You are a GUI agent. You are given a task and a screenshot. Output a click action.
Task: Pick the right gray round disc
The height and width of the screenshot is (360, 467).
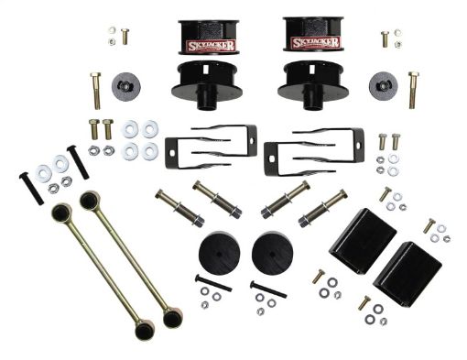383,86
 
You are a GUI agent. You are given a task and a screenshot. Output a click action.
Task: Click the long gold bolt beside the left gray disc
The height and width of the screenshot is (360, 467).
95,89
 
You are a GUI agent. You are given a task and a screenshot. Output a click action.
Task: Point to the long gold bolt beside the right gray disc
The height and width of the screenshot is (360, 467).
413,89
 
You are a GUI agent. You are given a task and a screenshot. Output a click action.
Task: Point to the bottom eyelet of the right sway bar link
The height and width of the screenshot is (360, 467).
171,322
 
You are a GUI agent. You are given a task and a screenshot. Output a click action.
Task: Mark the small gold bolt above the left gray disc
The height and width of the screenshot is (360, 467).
125,36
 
